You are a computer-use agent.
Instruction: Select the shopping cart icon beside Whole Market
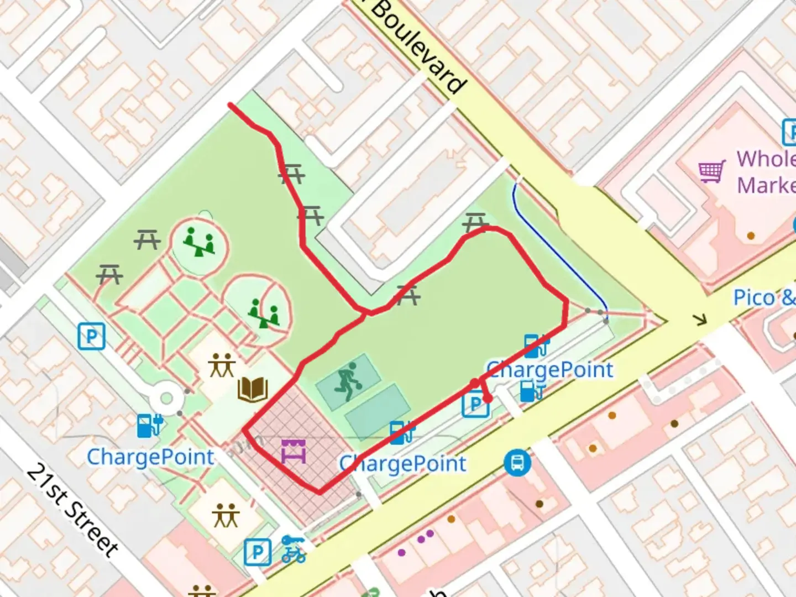(x=712, y=171)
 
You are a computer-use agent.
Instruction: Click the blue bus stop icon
(x=517, y=463)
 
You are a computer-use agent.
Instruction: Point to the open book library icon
(x=253, y=390)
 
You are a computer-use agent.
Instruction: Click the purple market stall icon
(x=293, y=451)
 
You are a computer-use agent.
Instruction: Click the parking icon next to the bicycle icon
(x=258, y=552)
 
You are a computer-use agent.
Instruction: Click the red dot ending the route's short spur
(x=487, y=399)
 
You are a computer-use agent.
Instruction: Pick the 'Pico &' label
(x=763, y=298)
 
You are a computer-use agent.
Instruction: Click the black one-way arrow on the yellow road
(x=701, y=320)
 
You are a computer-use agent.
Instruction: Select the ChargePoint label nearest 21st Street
(x=150, y=457)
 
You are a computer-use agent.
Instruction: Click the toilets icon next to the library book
(x=222, y=365)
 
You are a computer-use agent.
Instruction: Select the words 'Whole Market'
(x=766, y=172)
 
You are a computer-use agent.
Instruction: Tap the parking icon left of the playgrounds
(x=91, y=336)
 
